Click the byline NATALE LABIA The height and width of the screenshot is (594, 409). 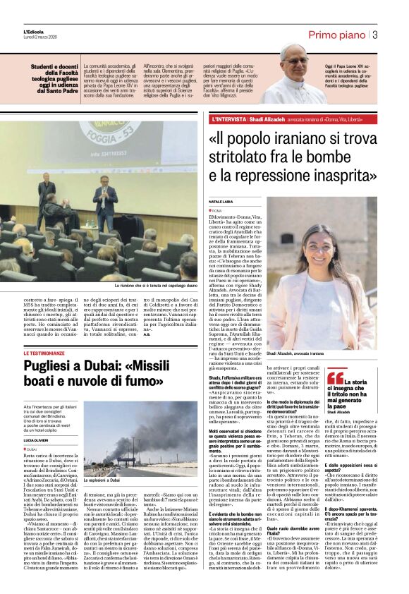pyautogui.click(x=221, y=201)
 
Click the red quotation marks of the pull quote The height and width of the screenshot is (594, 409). pyautogui.click(x=335, y=377)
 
